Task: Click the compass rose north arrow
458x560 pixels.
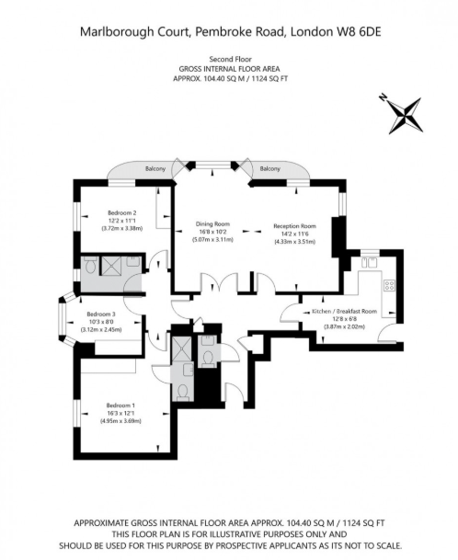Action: point(403,115)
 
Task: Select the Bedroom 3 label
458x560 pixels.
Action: point(101,314)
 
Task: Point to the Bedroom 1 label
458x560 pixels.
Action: point(120,406)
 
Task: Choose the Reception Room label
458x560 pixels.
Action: point(294,225)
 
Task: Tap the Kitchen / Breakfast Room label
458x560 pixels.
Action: point(344,312)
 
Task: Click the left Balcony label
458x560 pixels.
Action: point(155,169)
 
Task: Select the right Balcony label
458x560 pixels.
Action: point(269,169)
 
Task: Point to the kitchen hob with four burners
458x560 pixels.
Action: point(389,285)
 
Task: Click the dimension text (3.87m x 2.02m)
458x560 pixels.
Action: point(344,326)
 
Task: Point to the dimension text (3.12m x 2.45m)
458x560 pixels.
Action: point(101,328)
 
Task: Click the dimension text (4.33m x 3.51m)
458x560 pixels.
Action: point(294,241)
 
